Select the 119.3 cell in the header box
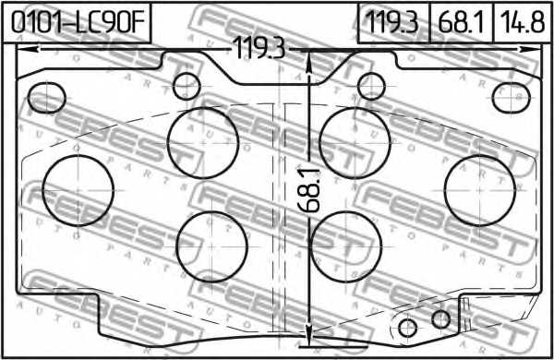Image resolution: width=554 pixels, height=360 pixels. pos(393,21)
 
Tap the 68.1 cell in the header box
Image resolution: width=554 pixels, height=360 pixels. pos(463,21)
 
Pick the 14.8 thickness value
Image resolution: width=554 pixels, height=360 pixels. pos(523,21)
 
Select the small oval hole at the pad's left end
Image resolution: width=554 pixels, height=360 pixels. pos(47,96)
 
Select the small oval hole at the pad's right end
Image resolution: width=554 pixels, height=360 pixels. pos(510,98)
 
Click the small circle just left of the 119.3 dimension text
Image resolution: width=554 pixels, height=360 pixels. pos(187,86)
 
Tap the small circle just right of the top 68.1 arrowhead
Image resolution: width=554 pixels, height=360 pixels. pos(372,86)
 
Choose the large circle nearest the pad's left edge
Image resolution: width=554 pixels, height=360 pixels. pos(79,189)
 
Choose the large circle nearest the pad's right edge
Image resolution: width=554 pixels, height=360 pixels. pos(479,189)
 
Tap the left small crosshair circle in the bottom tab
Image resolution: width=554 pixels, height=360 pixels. pos(407,327)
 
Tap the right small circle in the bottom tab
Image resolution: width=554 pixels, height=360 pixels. pos(441,319)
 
